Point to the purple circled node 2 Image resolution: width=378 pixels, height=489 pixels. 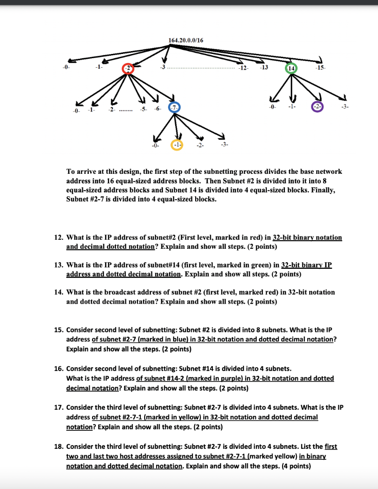317,107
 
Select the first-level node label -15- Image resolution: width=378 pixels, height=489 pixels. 320,68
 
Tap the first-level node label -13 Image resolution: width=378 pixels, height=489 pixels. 263,67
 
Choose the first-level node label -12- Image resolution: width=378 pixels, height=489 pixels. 243,68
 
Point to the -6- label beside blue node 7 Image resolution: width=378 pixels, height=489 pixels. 158,109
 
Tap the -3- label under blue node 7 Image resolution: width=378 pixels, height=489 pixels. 225,144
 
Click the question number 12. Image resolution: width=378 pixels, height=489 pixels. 58,237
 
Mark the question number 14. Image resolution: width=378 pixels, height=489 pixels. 58,292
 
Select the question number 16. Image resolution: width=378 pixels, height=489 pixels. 58,369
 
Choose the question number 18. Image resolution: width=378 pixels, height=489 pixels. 58,446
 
